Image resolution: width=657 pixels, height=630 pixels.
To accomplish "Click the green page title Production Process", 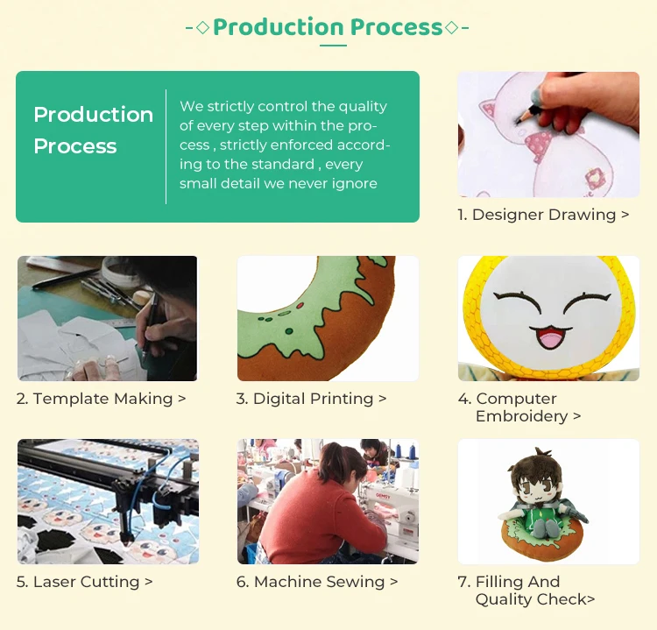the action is pos(328,27).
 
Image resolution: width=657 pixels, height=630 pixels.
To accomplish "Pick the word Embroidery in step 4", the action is pos(522,417).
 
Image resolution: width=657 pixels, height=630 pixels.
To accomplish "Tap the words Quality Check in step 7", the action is pos(532,599).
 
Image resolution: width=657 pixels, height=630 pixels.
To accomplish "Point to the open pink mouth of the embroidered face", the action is pos(548,336).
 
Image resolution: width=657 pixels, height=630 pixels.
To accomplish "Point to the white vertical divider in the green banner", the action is pos(166,146).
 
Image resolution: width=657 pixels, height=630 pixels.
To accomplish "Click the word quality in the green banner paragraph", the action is pos(363,107).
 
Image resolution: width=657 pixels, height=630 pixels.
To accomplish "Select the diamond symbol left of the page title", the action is pos(203,28).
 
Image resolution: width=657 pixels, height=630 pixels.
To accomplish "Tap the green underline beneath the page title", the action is pos(333,46).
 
